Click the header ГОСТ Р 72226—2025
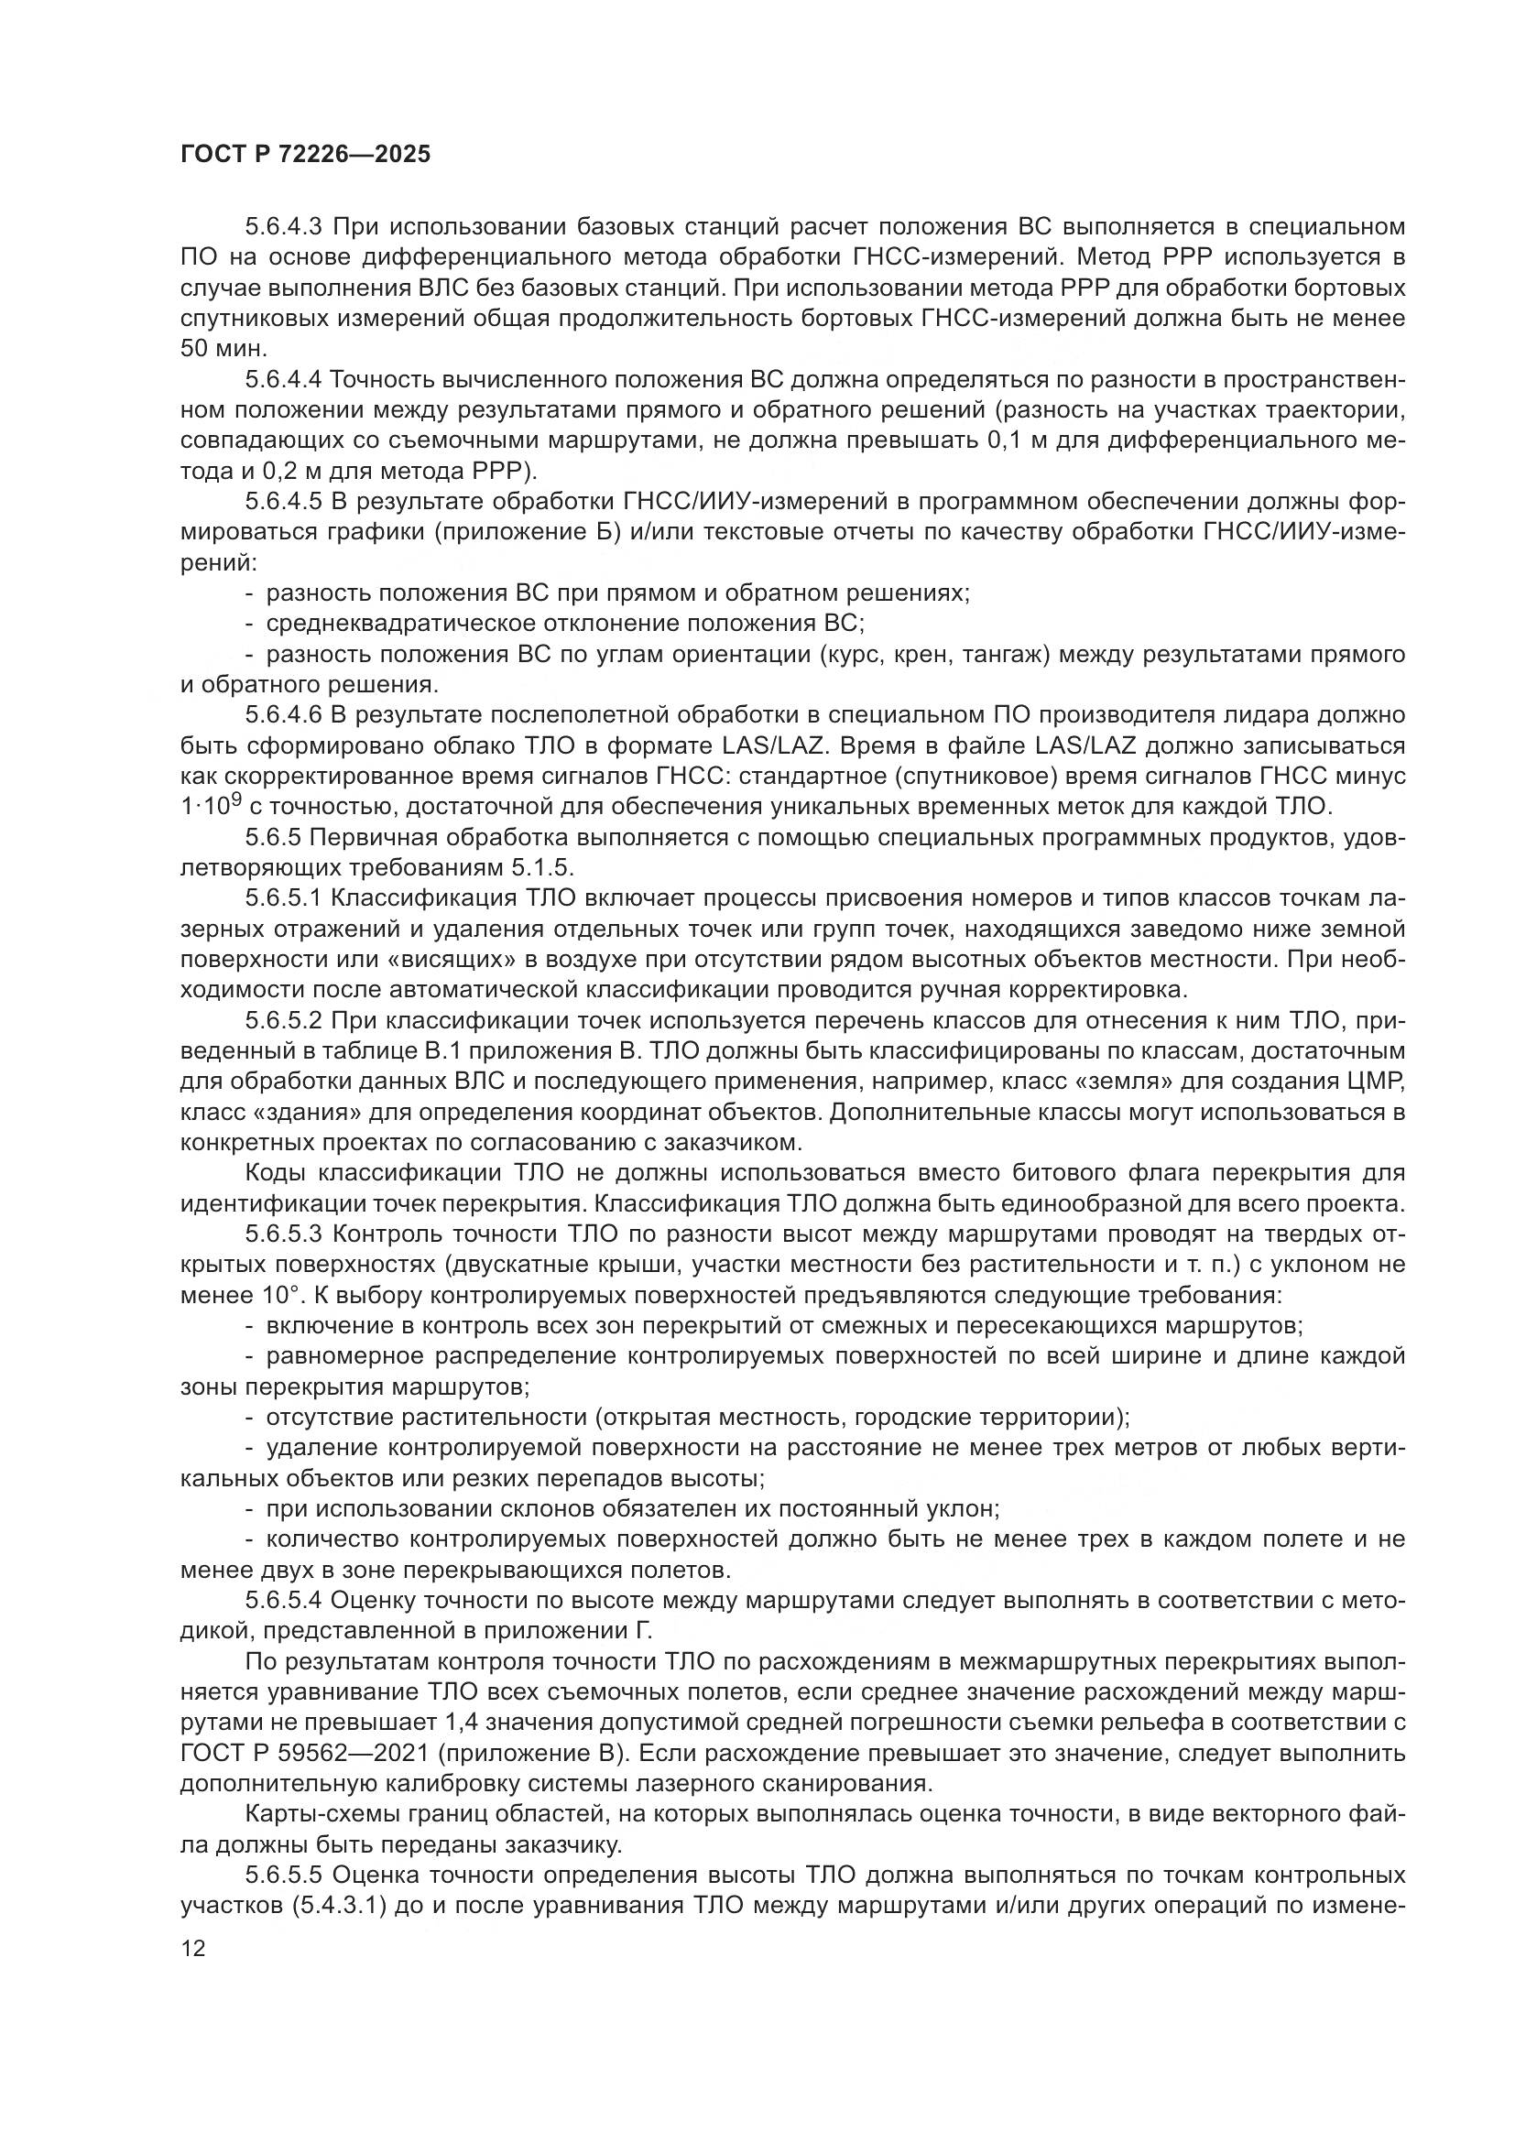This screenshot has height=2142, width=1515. (305, 154)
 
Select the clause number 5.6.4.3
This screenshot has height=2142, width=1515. (284, 227)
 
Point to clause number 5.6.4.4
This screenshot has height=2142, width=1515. (284, 380)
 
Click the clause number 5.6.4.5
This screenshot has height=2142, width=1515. (284, 502)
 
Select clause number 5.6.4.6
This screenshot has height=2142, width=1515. (284, 715)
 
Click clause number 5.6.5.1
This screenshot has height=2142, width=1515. (284, 898)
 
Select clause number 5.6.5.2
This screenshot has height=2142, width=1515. (284, 1020)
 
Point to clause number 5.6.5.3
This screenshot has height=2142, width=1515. (284, 1234)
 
